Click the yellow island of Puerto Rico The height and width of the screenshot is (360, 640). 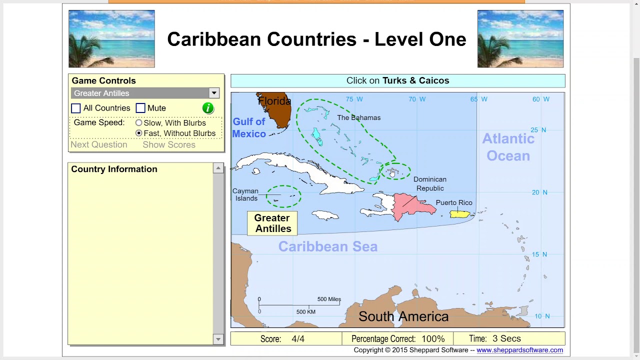459,214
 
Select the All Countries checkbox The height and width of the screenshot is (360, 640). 76,108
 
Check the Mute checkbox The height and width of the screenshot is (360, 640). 140,108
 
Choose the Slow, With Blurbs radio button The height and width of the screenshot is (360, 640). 139,122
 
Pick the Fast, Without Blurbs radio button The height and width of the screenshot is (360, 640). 139,133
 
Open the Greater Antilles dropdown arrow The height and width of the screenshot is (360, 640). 213,93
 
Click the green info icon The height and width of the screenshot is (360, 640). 208,108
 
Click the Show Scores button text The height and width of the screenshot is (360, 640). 169,144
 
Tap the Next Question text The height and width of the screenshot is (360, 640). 99,144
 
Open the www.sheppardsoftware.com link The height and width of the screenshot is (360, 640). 519,350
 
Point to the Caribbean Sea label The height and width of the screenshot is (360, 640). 328,246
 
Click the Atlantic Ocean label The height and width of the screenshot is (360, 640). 508,147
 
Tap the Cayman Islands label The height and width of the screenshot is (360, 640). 245,194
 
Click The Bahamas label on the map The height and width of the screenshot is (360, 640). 358,117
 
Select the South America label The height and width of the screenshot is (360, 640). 403,316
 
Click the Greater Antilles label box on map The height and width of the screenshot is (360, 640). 272,223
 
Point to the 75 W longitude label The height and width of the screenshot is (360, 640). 354,99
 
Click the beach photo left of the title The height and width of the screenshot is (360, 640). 111,38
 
